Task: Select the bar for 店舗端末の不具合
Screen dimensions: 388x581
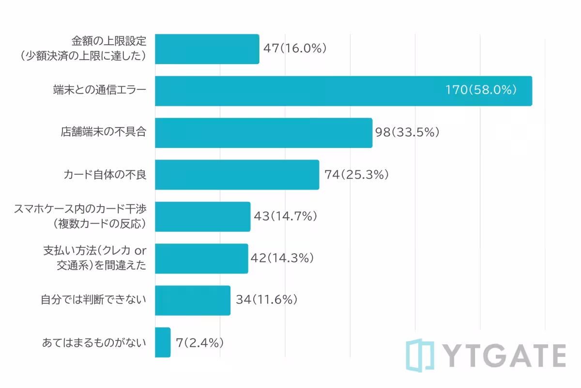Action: point(263,133)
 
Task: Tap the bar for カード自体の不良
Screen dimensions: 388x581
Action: point(237,175)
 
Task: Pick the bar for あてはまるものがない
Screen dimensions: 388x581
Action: point(163,342)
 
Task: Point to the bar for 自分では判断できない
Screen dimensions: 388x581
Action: point(192,301)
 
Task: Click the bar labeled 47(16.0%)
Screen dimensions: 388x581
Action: point(207,49)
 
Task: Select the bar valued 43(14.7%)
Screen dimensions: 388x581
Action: point(202,217)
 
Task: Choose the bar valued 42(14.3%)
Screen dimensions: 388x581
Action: point(201,259)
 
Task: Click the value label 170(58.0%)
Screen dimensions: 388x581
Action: point(481,90)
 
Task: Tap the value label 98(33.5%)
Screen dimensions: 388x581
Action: point(407,132)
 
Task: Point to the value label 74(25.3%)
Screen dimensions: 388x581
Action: point(357,175)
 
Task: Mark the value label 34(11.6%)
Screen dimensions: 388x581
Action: point(266,300)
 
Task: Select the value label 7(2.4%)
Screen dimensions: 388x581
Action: point(200,342)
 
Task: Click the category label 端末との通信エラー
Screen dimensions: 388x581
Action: point(99,91)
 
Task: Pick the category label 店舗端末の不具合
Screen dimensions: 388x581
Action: point(103,132)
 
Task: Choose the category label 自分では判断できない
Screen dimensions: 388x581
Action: point(93,300)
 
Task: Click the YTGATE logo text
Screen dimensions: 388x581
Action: point(504,356)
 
